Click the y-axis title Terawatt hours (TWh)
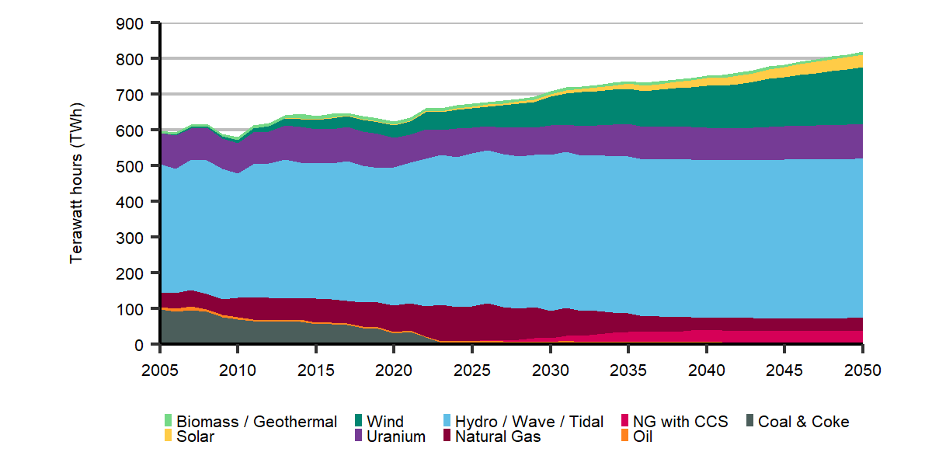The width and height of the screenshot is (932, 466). pyautogui.click(x=76, y=184)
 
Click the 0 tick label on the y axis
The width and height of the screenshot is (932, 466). pyautogui.click(x=139, y=345)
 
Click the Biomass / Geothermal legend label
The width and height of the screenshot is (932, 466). pyautogui.click(x=257, y=422)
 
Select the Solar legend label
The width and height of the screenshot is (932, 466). pyautogui.click(x=195, y=436)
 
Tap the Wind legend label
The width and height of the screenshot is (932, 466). pyautogui.click(x=385, y=422)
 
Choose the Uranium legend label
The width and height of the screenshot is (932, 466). pyautogui.click(x=396, y=436)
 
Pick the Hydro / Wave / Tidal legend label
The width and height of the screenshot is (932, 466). pyautogui.click(x=529, y=422)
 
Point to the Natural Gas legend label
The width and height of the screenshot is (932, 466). pyautogui.click(x=498, y=436)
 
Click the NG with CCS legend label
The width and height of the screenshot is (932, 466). pyautogui.click(x=680, y=422)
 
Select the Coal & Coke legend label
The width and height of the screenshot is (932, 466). pyautogui.click(x=803, y=422)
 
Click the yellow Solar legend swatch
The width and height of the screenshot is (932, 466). pyautogui.click(x=168, y=436)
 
